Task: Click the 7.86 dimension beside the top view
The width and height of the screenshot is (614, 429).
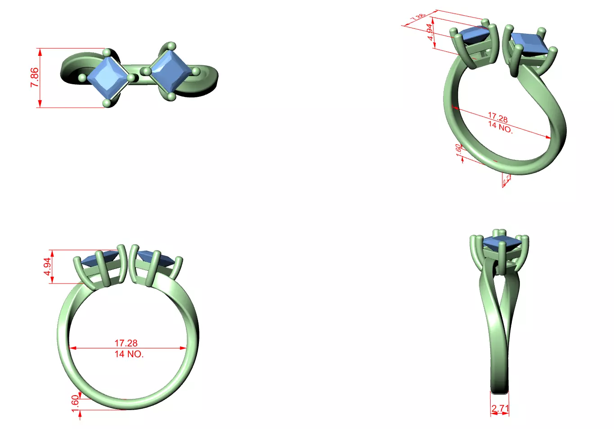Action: (x=34, y=78)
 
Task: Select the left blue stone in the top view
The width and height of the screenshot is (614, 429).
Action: (x=107, y=78)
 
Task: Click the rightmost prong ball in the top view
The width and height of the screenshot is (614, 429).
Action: (x=196, y=71)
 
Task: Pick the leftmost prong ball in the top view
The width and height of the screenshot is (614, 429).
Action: (x=82, y=78)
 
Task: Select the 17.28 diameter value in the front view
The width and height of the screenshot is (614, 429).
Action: (x=126, y=343)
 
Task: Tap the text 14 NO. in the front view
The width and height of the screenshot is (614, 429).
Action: (x=129, y=354)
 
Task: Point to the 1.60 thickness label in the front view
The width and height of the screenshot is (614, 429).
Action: (x=75, y=401)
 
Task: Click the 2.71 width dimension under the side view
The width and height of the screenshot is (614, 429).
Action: (x=500, y=408)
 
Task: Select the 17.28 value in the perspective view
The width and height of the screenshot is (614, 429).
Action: (x=498, y=118)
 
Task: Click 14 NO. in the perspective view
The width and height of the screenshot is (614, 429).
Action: (x=501, y=128)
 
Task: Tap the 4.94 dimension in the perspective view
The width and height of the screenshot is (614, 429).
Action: (x=431, y=32)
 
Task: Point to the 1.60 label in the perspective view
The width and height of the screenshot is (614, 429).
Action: (x=459, y=150)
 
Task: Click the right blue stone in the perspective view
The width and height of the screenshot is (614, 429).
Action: (x=530, y=44)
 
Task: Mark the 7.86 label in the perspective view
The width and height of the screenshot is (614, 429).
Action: (x=418, y=18)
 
